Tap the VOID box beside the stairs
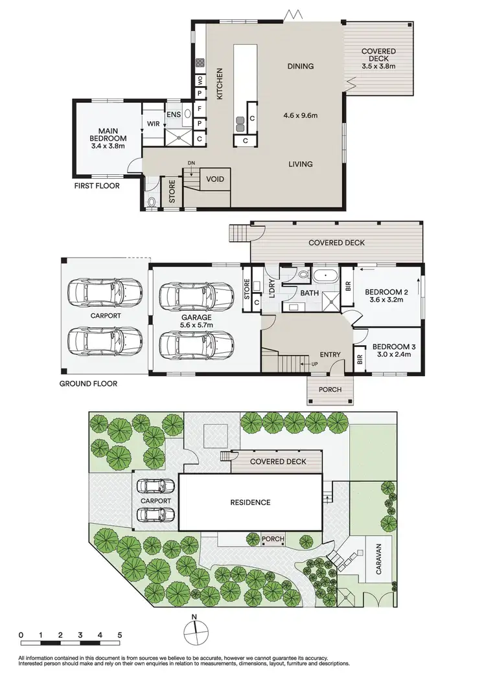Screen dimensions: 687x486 click(214, 179)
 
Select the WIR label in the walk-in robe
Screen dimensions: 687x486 click(153, 123)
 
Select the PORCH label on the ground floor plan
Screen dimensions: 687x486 click(330, 390)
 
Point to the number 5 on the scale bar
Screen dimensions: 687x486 click(120, 635)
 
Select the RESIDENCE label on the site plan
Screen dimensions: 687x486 click(249, 502)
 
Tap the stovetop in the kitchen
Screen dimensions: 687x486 click(200, 63)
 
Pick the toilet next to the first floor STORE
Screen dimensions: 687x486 click(152, 201)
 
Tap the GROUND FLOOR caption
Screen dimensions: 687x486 click(88, 383)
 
